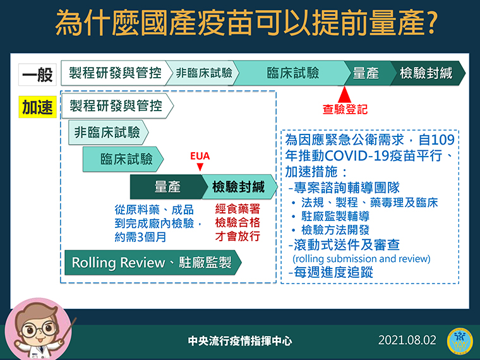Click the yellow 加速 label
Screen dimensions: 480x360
tap(38, 107)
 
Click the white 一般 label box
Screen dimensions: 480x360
tap(37, 75)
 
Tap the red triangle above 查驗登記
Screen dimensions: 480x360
tap(344, 94)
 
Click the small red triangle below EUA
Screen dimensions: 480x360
tap(200, 167)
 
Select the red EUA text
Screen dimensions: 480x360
tap(200, 156)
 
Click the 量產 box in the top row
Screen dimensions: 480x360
tap(368, 73)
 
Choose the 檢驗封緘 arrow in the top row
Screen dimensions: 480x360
tap(428, 73)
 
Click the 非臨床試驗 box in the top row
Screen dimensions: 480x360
tap(203, 73)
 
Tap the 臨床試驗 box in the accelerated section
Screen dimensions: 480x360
tap(123, 159)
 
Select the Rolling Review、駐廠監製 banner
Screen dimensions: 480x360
tap(153, 263)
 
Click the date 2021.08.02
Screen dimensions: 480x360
tap(407, 340)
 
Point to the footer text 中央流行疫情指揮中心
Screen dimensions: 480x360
tap(240, 340)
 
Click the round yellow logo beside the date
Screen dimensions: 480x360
tap(460, 341)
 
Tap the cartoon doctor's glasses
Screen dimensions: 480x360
tap(39, 329)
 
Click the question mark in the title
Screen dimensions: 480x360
tap(430, 23)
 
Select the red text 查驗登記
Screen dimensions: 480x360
tap(345, 109)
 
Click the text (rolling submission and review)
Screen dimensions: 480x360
tap(361, 259)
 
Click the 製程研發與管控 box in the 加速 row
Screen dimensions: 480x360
tap(117, 106)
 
